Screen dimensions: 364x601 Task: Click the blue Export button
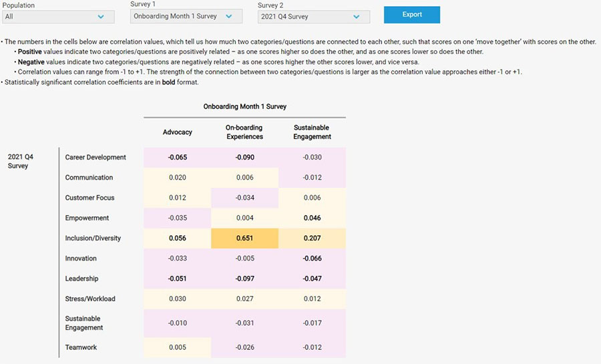pyautogui.click(x=411, y=15)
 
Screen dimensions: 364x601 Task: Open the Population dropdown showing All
pyautogui.click(x=55, y=16)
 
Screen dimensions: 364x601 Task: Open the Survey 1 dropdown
pyautogui.click(x=186, y=16)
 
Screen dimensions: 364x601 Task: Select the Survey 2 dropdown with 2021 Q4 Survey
pyautogui.click(x=313, y=16)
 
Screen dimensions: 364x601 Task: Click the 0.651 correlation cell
pyautogui.click(x=244, y=238)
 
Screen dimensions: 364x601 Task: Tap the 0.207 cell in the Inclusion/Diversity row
pyautogui.click(x=311, y=238)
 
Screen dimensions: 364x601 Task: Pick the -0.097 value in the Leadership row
pyautogui.click(x=244, y=279)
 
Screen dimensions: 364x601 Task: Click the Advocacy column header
pyautogui.click(x=178, y=132)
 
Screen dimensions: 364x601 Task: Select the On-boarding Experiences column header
pyautogui.click(x=244, y=132)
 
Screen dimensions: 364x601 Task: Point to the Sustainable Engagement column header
pyautogui.click(x=312, y=132)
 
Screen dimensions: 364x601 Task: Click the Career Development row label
pyautogui.click(x=95, y=158)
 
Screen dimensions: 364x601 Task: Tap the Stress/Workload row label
pyautogui.click(x=90, y=299)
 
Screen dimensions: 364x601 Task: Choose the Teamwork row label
pyautogui.click(x=80, y=347)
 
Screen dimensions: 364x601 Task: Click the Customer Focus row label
pyautogui.click(x=89, y=198)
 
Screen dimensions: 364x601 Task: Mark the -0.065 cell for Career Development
pyautogui.click(x=178, y=158)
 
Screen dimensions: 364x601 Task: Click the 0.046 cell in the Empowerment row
pyautogui.click(x=311, y=218)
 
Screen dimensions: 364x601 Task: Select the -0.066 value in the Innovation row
pyautogui.click(x=311, y=258)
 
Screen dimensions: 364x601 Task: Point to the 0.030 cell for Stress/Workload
pyautogui.click(x=178, y=299)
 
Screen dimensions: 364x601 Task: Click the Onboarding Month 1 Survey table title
pyautogui.click(x=244, y=106)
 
